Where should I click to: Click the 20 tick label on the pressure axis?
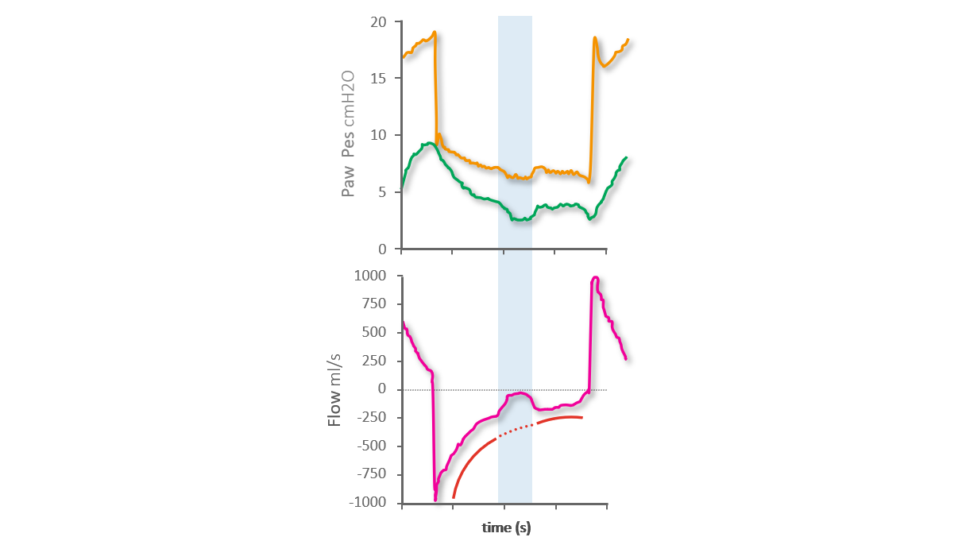point(380,22)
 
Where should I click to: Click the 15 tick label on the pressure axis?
point(380,79)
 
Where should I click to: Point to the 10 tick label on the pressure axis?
point(380,135)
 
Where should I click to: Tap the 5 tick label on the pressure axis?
point(384,192)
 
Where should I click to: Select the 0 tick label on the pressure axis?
point(384,249)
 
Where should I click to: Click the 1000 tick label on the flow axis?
point(370,276)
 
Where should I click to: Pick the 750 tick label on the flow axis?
point(374,304)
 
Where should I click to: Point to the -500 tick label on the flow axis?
point(372,446)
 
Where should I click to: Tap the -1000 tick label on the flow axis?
point(368,502)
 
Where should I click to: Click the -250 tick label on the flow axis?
point(372,418)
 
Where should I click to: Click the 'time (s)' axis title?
point(506,527)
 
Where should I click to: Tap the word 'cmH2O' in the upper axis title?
point(347,101)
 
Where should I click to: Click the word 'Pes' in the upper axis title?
point(347,149)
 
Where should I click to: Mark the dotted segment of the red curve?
point(516,430)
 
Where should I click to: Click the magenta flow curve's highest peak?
point(594,278)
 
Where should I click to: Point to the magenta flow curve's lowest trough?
point(435,499)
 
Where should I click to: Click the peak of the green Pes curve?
point(430,143)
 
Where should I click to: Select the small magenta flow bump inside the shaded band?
point(518,393)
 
